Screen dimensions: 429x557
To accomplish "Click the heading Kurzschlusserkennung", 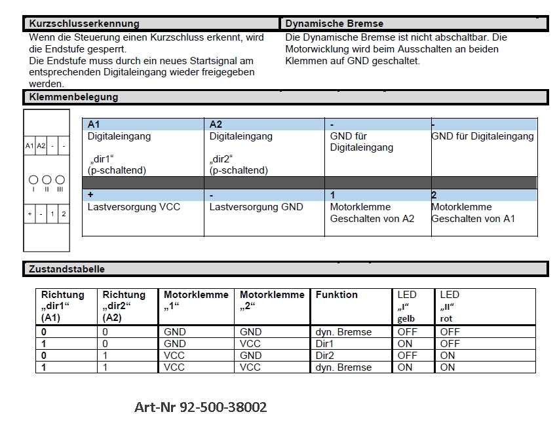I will [84, 24].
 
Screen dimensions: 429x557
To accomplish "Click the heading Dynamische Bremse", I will [334, 24].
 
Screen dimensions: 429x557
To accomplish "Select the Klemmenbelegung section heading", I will [73, 97].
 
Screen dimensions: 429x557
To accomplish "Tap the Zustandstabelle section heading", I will [66, 269].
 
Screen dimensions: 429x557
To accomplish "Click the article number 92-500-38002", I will [201, 407].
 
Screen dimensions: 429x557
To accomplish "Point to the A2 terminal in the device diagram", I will [41, 146].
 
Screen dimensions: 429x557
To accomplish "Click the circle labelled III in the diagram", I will [60, 179].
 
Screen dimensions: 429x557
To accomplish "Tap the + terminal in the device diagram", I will [29, 214].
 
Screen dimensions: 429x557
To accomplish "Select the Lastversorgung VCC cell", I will [134, 207].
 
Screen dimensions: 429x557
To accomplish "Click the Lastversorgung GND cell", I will [256, 207].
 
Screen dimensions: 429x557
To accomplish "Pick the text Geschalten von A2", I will [372, 219].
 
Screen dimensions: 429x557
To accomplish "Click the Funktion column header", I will [336, 295].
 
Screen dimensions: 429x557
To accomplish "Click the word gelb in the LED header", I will [406, 319].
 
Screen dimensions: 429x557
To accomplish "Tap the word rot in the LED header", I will [446, 319].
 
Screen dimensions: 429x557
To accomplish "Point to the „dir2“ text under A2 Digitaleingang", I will [221, 159].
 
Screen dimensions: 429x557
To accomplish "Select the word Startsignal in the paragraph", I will [201, 61].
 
